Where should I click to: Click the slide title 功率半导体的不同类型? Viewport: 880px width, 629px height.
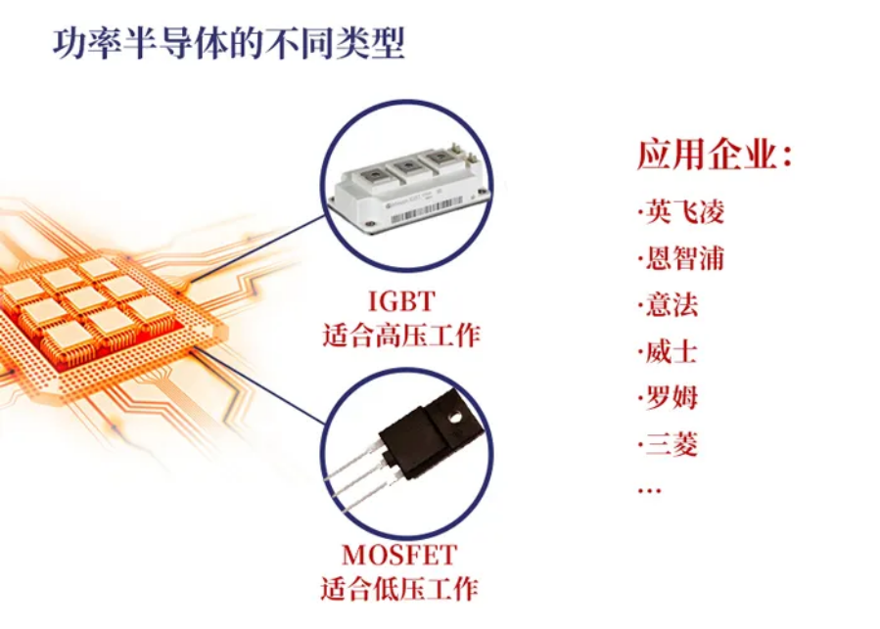coord(228,43)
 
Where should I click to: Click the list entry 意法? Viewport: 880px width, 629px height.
coord(672,304)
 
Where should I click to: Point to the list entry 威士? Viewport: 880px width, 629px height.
coord(672,352)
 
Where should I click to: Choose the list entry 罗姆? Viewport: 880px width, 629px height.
coord(672,398)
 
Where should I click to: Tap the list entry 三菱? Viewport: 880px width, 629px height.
coord(672,444)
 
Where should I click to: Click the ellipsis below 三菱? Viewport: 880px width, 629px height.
coord(649,491)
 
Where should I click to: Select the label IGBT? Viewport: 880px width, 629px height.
coord(401,301)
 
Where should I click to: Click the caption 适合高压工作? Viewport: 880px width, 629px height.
coord(401,335)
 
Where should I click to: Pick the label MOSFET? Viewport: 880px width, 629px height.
coord(399,555)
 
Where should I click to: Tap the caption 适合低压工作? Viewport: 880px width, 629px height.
coord(399,589)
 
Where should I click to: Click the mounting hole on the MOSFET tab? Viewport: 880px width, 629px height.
coord(453,418)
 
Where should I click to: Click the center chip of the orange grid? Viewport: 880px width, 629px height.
coord(84,298)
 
